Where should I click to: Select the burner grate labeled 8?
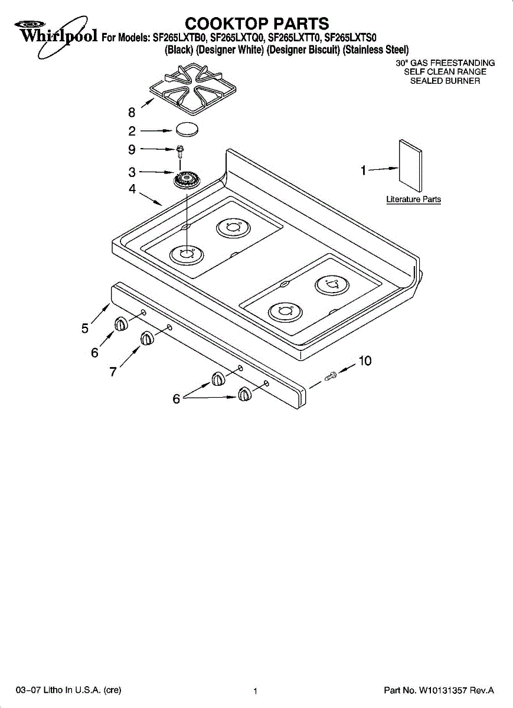click(192, 88)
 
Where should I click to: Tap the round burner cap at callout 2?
click(187, 129)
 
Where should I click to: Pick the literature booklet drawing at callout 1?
click(410, 166)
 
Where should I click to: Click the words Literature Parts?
click(413, 199)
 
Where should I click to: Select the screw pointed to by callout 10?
click(331, 376)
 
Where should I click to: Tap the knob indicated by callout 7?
click(147, 338)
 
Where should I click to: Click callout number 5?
click(85, 329)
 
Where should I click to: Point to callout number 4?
click(132, 189)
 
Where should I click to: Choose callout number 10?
click(365, 360)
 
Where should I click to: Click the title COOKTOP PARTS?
click(257, 24)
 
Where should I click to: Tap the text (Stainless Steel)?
click(375, 50)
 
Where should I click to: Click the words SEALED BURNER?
click(445, 81)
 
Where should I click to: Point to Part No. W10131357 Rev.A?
click(439, 690)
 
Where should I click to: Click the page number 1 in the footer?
click(255, 691)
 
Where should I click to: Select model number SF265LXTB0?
click(180, 38)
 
